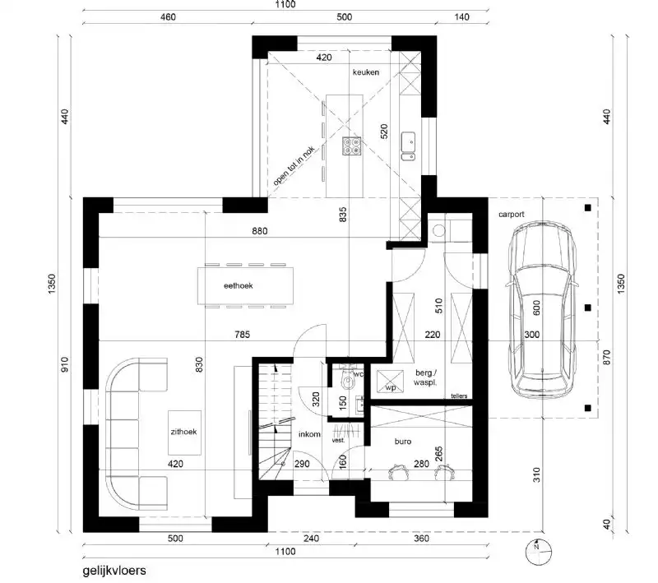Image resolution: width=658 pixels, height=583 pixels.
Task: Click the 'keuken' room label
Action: point(366,73)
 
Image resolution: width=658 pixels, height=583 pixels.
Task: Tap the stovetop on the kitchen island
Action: point(352,146)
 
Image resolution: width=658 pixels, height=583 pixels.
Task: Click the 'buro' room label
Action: point(403,442)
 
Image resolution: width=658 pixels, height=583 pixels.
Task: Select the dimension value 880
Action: point(260,233)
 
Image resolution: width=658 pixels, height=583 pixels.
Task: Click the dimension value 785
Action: point(241,335)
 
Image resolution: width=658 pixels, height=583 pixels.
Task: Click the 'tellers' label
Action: point(459,396)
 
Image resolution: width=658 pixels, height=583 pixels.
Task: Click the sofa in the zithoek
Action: point(132,432)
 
